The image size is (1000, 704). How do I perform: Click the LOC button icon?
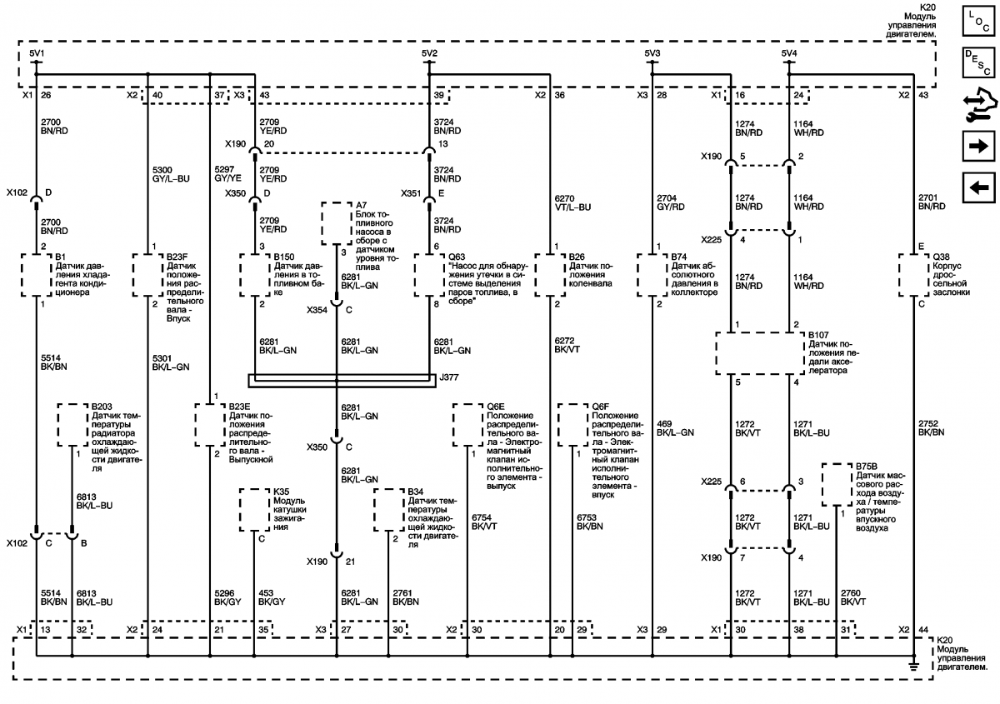coord(978,21)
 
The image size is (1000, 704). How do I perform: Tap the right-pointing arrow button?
coord(978,146)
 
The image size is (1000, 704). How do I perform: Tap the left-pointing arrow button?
coord(978,187)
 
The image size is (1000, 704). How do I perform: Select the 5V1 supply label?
coord(37,53)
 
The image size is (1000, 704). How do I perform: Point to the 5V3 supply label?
coord(652,53)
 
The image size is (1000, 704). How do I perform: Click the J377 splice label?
coord(448,377)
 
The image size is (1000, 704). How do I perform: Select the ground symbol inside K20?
coord(914,667)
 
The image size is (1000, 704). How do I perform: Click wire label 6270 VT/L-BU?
coord(572,202)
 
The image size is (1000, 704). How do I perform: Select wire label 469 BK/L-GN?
coord(675,427)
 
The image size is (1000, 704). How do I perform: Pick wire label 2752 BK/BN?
coord(932,427)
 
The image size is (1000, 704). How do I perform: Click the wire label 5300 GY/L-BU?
coord(171,174)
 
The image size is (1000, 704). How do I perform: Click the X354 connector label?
coord(317,310)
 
